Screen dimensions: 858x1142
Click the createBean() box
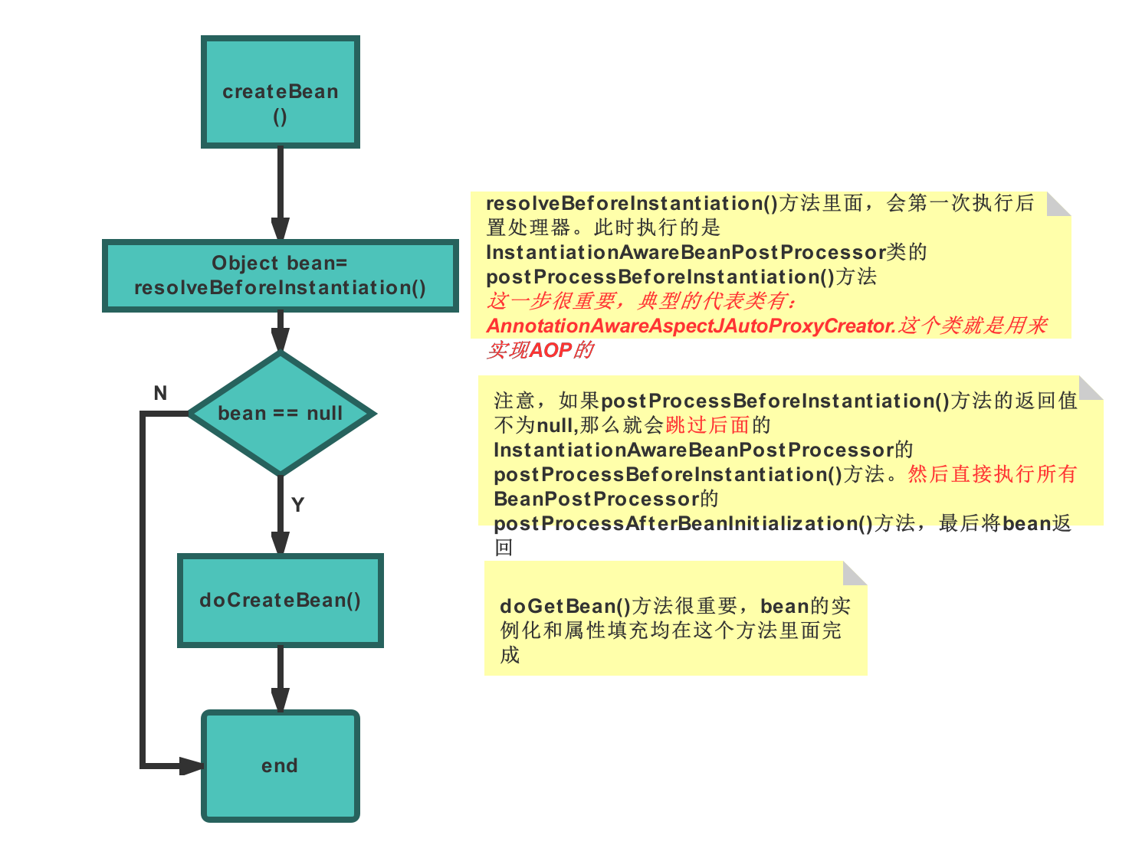[280, 92]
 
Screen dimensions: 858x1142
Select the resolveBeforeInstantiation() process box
[280, 276]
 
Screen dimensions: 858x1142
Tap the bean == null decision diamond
[281, 414]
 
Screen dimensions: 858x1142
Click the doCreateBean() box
[280, 601]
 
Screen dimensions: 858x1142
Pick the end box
[280, 766]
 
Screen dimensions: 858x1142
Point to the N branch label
[160, 394]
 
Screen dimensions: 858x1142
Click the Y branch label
[298, 505]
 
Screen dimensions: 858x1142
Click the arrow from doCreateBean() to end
[281, 678]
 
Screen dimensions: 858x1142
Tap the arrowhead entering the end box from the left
[192, 766]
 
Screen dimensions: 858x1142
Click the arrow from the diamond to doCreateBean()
[281, 513]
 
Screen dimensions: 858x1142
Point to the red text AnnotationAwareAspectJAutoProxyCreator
[690, 326]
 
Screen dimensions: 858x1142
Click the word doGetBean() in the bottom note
[565, 607]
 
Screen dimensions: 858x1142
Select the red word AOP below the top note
[550, 351]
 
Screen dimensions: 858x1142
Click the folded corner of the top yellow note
[1060, 203]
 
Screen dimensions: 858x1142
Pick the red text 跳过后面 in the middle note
[707, 425]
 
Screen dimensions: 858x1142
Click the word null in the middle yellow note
[556, 425]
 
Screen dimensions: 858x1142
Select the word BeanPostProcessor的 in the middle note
[605, 499]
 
